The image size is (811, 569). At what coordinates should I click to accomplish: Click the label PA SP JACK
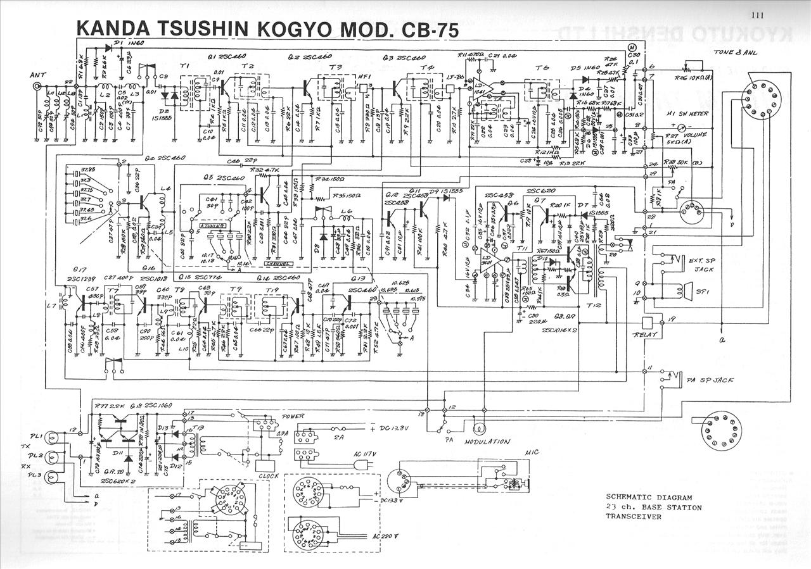click(x=710, y=380)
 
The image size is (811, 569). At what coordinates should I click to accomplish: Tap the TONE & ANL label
click(x=734, y=53)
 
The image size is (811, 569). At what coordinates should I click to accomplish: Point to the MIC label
click(x=532, y=453)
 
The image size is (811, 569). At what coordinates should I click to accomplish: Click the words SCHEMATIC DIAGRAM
click(x=648, y=497)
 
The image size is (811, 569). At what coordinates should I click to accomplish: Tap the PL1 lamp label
click(x=35, y=436)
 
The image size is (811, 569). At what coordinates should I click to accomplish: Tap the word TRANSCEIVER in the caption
click(x=634, y=516)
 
